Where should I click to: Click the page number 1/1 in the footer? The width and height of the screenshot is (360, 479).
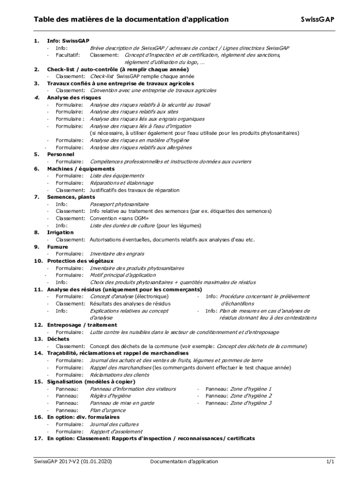click(x=330, y=462)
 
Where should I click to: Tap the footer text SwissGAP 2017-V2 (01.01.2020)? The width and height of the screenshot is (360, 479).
click(x=73, y=462)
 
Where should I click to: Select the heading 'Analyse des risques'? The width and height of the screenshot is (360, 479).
click(x=67, y=98)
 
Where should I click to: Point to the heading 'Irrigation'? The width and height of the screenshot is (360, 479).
click(x=60, y=232)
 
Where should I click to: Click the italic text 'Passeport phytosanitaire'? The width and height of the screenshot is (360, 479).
click(x=119, y=204)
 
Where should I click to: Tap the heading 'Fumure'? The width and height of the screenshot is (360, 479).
click(x=58, y=247)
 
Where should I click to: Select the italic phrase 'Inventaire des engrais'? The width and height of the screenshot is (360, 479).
click(x=117, y=254)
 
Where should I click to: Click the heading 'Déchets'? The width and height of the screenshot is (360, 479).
click(x=58, y=339)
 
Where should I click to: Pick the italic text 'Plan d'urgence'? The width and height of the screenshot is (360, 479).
click(x=108, y=410)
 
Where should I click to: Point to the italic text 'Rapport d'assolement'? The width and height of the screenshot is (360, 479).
click(x=116, y=431)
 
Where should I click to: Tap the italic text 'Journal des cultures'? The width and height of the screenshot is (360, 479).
click(x=114, y=424)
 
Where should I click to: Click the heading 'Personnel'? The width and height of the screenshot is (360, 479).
click(x=61, y=154)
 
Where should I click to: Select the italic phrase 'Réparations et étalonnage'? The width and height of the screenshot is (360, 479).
click(x=122, y=183)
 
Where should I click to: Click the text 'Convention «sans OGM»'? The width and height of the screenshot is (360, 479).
click(x=120, y=218)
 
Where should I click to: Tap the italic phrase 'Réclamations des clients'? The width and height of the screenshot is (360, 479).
click(x=120, y=375)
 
